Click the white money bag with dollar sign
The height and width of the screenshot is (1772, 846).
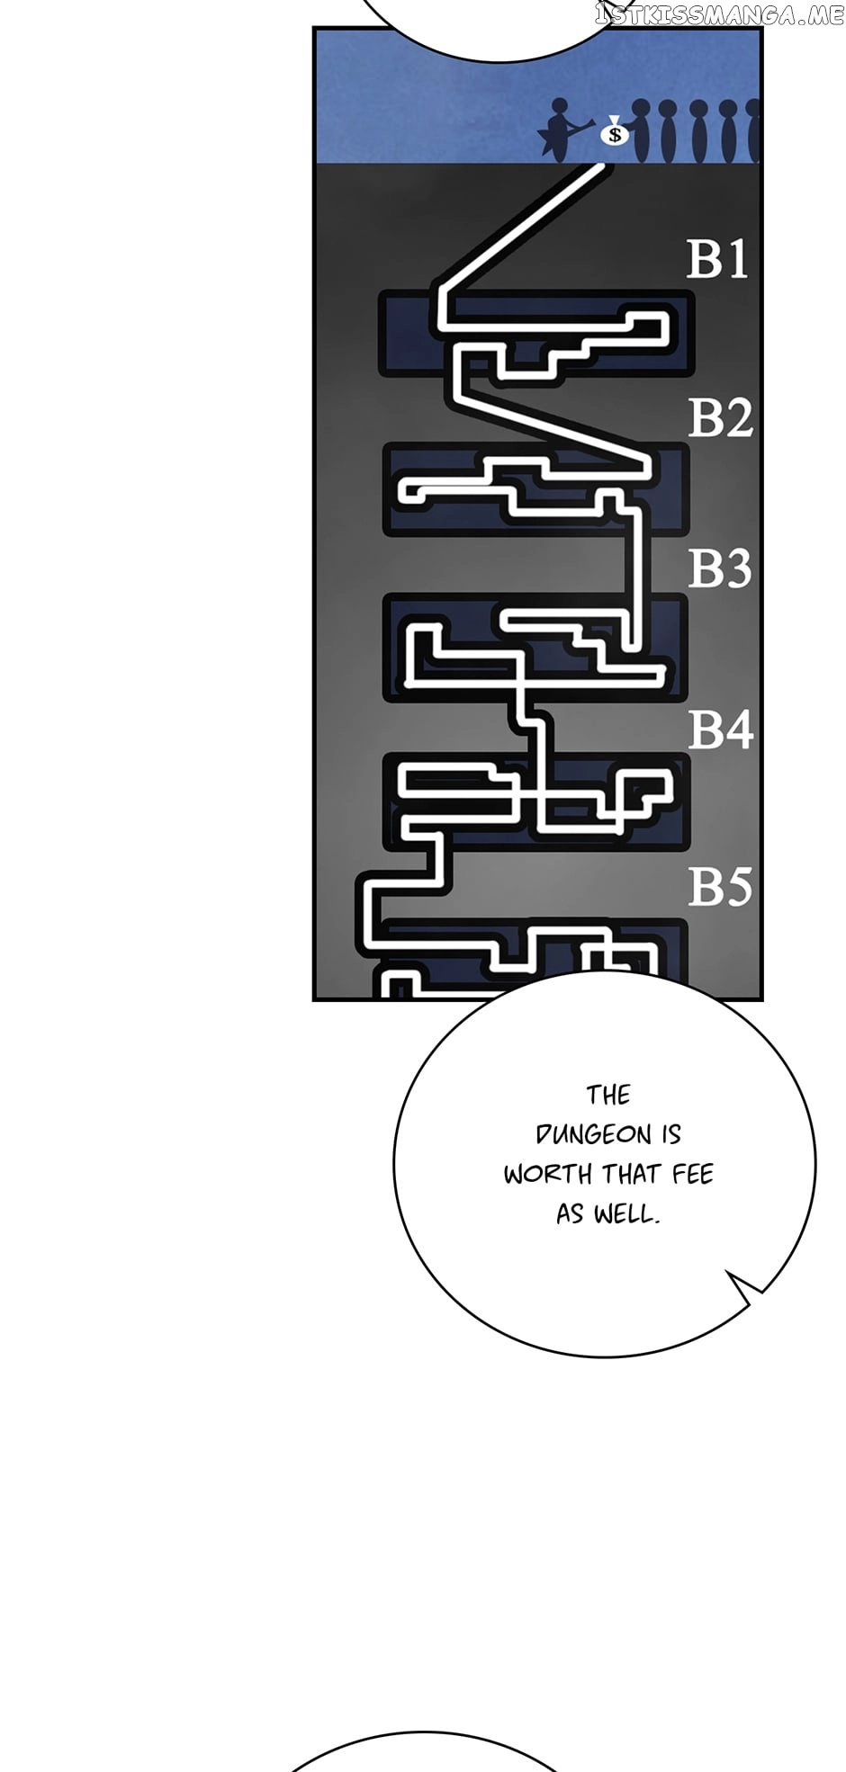[615, 133]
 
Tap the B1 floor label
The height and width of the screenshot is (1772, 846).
[717, 259]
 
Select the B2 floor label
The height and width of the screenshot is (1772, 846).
[720, 418]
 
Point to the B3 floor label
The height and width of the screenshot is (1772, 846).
[719, 568]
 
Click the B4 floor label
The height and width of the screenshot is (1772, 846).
[720, 729]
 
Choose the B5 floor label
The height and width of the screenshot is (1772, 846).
[720, 887]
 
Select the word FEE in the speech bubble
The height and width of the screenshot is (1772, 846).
[692, 1174]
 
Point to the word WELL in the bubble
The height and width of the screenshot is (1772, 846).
[626, 1214]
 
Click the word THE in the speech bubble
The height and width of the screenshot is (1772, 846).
[608, 1095]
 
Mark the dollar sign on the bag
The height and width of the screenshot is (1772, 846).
[616, 136]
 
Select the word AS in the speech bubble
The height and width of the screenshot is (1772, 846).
[570, 1214]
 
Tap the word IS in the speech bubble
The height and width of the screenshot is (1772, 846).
[671, 1134]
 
